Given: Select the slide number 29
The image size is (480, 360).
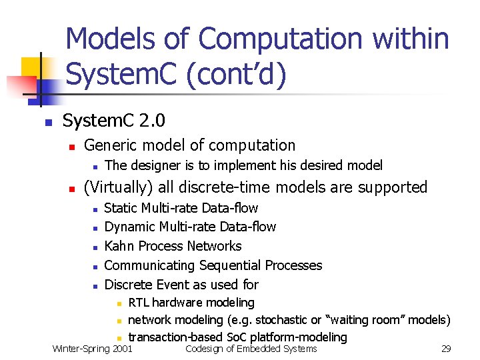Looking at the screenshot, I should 446,349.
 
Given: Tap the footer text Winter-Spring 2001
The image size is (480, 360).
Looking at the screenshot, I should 92,349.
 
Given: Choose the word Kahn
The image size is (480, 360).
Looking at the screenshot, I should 120,246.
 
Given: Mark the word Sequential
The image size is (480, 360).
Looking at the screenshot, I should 229,265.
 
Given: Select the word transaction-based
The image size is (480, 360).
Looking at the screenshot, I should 174,337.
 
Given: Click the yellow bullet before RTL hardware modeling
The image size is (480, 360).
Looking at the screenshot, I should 117,303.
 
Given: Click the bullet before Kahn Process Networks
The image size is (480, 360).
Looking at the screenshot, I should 95,247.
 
